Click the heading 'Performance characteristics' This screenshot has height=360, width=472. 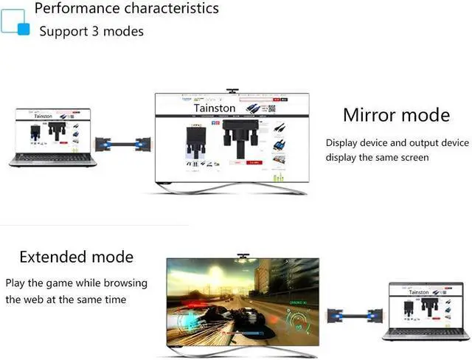(x=126, y=9)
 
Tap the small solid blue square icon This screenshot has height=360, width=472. (x=24, y=30)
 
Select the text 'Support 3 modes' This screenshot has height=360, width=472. (x=91, y=31)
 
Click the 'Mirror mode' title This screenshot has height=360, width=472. (x=396, y=115)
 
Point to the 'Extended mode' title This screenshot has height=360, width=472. (x=77, y=257)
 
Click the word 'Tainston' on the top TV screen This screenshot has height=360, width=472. (x=215, y=108)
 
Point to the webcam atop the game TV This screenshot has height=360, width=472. (x=243, y=257)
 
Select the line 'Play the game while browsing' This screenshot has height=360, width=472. (x=77, y=283)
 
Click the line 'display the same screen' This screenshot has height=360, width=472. (x=378, y=157)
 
